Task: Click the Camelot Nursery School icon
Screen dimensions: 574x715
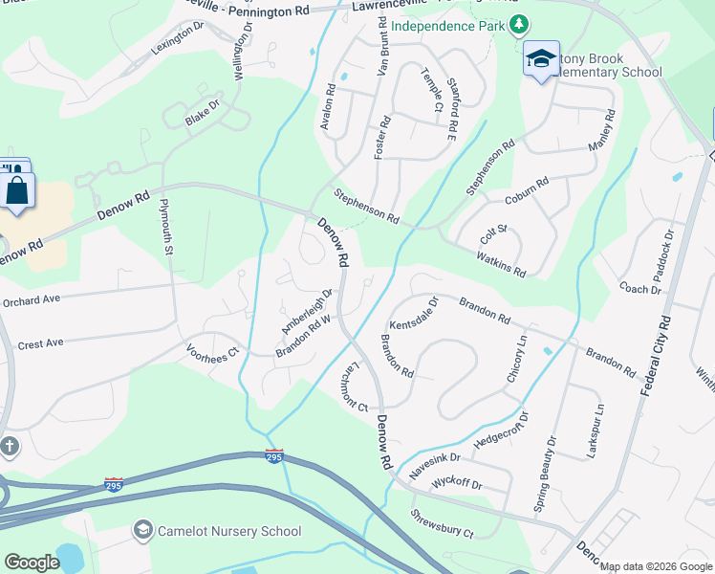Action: coord(143,530)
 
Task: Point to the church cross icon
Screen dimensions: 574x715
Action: coord(10,447)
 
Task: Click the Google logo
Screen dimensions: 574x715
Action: coord(32,563)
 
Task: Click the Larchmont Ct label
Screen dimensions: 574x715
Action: coord(348,388)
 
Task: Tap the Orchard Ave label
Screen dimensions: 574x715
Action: coord(31,299)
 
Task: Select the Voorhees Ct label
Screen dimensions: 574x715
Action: coord(212,350)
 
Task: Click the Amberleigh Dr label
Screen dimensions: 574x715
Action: coord(306,311)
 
